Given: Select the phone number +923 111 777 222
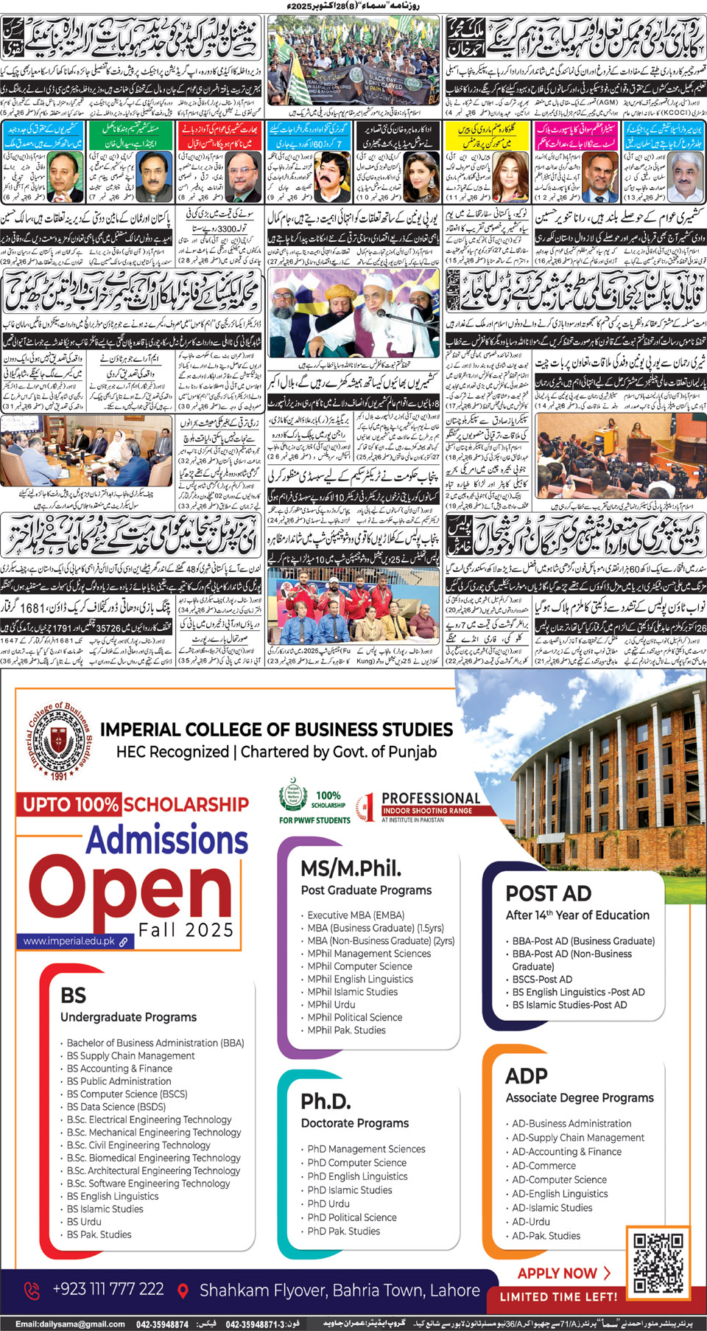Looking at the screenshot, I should tap(108, 1289).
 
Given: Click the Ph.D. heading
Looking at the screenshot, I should tap(326, 1101).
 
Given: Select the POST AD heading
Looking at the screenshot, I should tap(548, 893).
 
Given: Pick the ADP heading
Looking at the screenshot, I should tap(527, 1076).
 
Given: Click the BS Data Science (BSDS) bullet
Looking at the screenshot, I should tap(116, 1106).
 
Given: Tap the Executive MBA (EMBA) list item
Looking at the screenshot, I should tap(356, 915).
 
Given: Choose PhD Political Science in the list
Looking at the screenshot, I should tap(352, 1218).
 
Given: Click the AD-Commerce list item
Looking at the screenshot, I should tap(544, 1165).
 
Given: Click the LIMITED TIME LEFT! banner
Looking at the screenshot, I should tap(558, 1296).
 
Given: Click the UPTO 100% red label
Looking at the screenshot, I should tap(70, 804).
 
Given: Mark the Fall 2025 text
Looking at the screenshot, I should tap(186, 931).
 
